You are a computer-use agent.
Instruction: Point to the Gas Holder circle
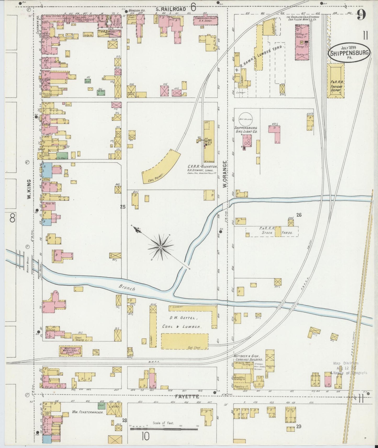(245, 119)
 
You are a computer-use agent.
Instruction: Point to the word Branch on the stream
(127, 288)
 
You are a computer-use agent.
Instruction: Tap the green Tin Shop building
(63, 156)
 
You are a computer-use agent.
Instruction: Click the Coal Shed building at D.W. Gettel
(184, 341)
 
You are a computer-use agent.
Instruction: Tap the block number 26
(299, 215)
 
